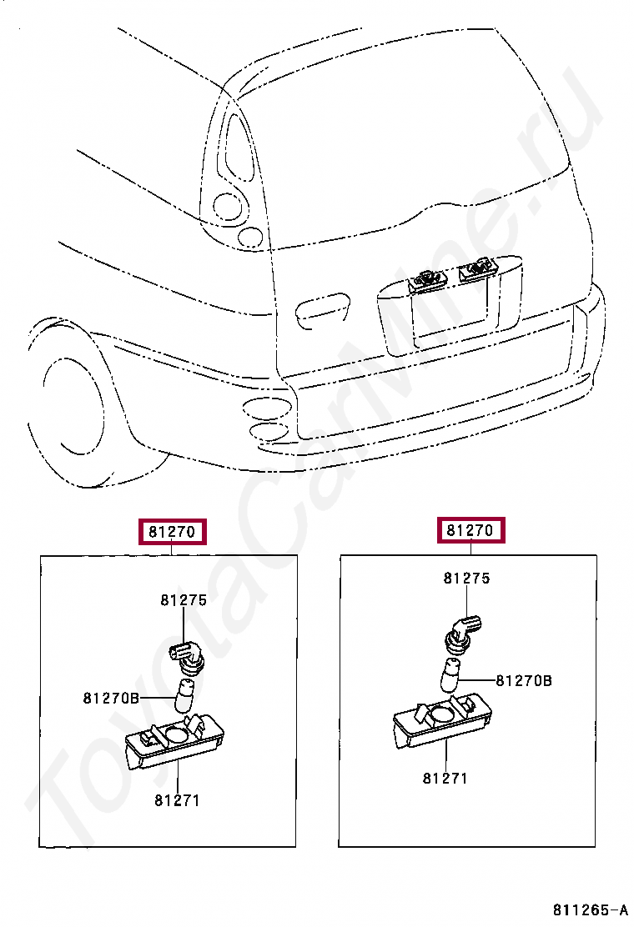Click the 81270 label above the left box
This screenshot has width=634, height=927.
(174, 531)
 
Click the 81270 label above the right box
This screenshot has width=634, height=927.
(472, 530)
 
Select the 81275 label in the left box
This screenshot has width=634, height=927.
(183, 599)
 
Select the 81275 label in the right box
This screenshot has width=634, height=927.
(466, 578)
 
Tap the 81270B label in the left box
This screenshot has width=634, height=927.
(111, 698)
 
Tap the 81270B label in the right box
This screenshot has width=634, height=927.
(524, 680)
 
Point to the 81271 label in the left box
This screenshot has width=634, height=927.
(177, 800)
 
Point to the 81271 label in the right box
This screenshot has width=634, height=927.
(445, 779)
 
